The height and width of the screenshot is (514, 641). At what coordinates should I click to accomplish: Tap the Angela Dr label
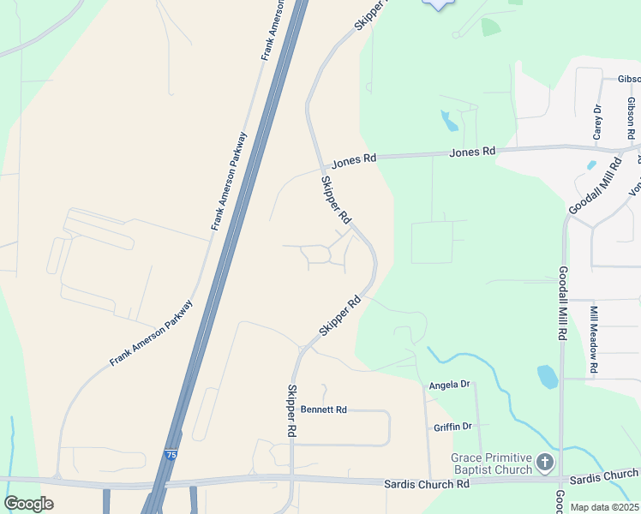[x=450, y=385]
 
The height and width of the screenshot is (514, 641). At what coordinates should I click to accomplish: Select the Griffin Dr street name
[x=453, y=427]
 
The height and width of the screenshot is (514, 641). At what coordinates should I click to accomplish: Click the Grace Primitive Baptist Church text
[x=492, y=464]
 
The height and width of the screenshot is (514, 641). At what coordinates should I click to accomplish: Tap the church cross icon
[x=545, y=464]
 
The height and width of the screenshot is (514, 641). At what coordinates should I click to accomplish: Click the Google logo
[x=28, y=504]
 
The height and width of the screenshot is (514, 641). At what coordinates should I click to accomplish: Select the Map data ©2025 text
[x=603, y=507]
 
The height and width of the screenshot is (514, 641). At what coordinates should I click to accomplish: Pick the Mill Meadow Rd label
[x=593, y=341]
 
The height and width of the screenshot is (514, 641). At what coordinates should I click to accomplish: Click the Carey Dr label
[x=598, y=122]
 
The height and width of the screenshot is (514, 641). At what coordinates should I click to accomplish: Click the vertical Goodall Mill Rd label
[x=563, y=304]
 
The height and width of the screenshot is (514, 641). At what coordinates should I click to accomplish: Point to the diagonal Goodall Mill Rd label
[x=594, y=187]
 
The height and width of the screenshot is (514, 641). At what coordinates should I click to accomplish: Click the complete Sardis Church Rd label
[x=428, y=484]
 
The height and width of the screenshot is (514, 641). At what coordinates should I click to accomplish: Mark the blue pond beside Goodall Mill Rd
[x=547, y=377]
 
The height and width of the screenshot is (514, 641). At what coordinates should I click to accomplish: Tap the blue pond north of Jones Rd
[x=449, y=120]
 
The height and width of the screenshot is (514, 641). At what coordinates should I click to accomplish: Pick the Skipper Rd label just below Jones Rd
[x=336, y=200]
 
